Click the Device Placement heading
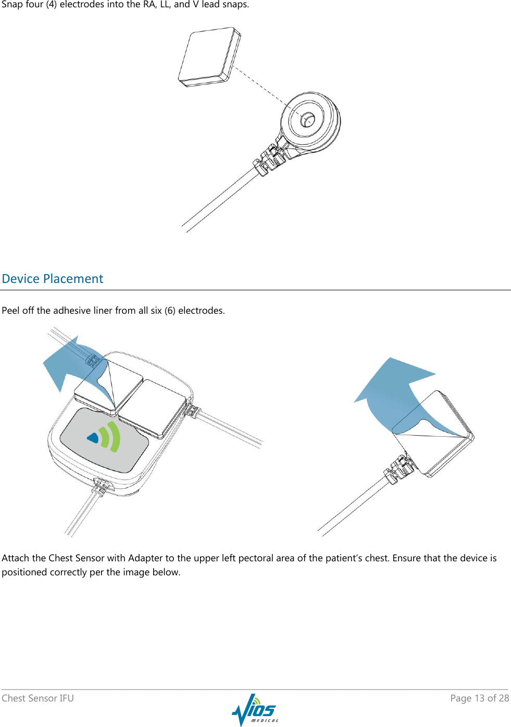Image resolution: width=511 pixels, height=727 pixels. pyautogui.click(x=53, y=279)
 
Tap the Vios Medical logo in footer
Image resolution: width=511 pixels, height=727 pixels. pyautogui.click(x=255, y=709)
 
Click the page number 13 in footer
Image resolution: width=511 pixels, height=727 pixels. pyautogui.click(x=479, y=698)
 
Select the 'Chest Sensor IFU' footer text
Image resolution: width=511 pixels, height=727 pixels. pyautogui.click(x=38, y=698)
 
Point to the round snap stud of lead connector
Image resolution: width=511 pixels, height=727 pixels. pyautogui.click(x=307, y=119)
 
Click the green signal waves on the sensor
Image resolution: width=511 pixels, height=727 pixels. pyautogui.click(x=110, y=437)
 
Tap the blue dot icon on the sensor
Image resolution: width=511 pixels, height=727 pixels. pyautogui.click(x=93, y=438)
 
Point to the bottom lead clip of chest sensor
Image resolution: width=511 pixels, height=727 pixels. pyautogui.click(x=102, y=486)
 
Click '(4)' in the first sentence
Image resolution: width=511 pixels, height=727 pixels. pyautogui.click(x=51, y=5)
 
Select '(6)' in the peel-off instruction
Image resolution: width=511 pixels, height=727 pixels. pyautogui.click(x=170, y=311)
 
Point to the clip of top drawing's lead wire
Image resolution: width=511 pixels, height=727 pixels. pyautogui.click(x=270, y=159)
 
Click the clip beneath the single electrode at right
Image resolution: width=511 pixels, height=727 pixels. pyautogui.click(x=398, y=468)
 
